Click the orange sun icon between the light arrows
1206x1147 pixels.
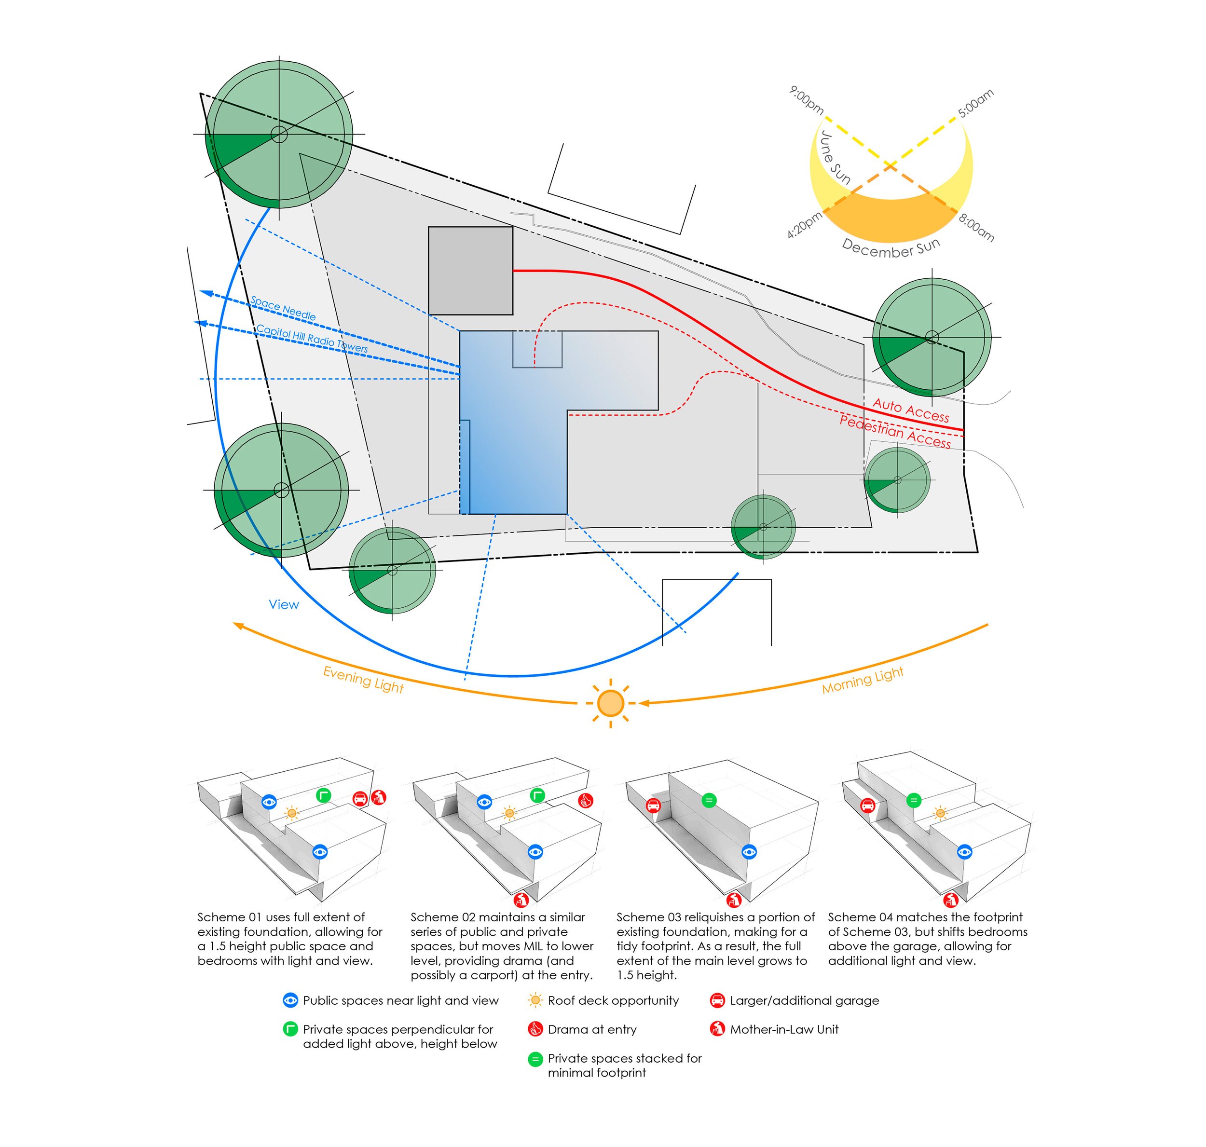click(x=609, y=703)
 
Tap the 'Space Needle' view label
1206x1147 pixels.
click(x=283, y=308)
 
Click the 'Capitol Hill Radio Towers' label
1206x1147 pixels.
click(x=312, y=338)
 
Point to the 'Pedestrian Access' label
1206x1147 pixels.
click(x=895, y=432)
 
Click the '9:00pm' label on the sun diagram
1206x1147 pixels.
click(x=807, y=100)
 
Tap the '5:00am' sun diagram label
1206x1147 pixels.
click(x=975, y=103)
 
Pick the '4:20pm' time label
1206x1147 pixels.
click(x=805, y=225)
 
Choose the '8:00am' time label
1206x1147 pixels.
click(x=976, y=228)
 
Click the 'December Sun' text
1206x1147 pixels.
click(x=891, y=247)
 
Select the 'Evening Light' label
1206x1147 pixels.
click(x=363, y=679)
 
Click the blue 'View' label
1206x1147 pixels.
click(x=284, y=605)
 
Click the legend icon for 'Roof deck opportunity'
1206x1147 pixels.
click(x=535, y=1001)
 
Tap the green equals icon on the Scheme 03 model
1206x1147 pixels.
click(x=709, y=800)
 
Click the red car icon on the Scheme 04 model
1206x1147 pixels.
click(x=866, y=806)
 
